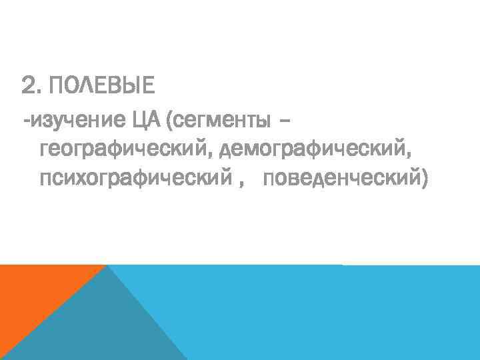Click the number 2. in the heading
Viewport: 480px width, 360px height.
(x=32, y=86)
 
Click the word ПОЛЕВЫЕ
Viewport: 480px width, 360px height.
(x=101, y=86)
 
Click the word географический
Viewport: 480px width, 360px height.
(x=124, y=150)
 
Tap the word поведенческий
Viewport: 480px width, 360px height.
(x=340, y=179)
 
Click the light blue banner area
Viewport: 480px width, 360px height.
(x=333, y=313)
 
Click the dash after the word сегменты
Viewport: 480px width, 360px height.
(x=286, y=122)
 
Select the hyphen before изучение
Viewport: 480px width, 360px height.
(x=26, y=123)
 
